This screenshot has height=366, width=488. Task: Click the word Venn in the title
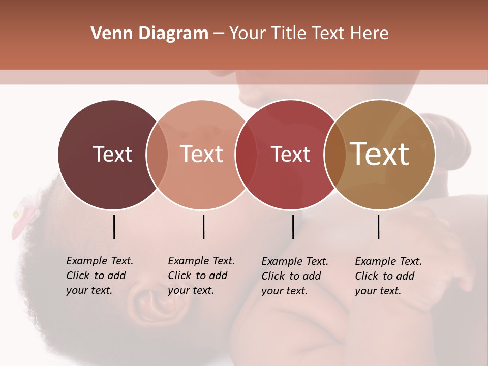point(107,34)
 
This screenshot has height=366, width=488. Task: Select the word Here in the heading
point(371,34)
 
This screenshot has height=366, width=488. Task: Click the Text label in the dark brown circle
point(112,154)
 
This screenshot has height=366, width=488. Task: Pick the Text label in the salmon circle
point(202,154)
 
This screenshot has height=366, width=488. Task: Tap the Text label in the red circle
point(290,155)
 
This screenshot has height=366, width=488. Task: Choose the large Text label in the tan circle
point(380,154)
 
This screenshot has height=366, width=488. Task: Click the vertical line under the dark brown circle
point(114,227)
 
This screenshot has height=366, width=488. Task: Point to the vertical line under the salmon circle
point(203,227)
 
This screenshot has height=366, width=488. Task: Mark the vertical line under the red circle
point(293,227)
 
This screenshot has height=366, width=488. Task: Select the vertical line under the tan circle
point(379,227)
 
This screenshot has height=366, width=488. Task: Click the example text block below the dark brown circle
point(99,276)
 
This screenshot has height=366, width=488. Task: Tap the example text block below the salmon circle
point(201,276)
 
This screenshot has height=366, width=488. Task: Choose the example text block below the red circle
point(294,276)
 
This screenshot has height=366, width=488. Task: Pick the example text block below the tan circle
point(388,276)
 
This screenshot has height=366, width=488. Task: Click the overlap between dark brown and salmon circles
point(157,155)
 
